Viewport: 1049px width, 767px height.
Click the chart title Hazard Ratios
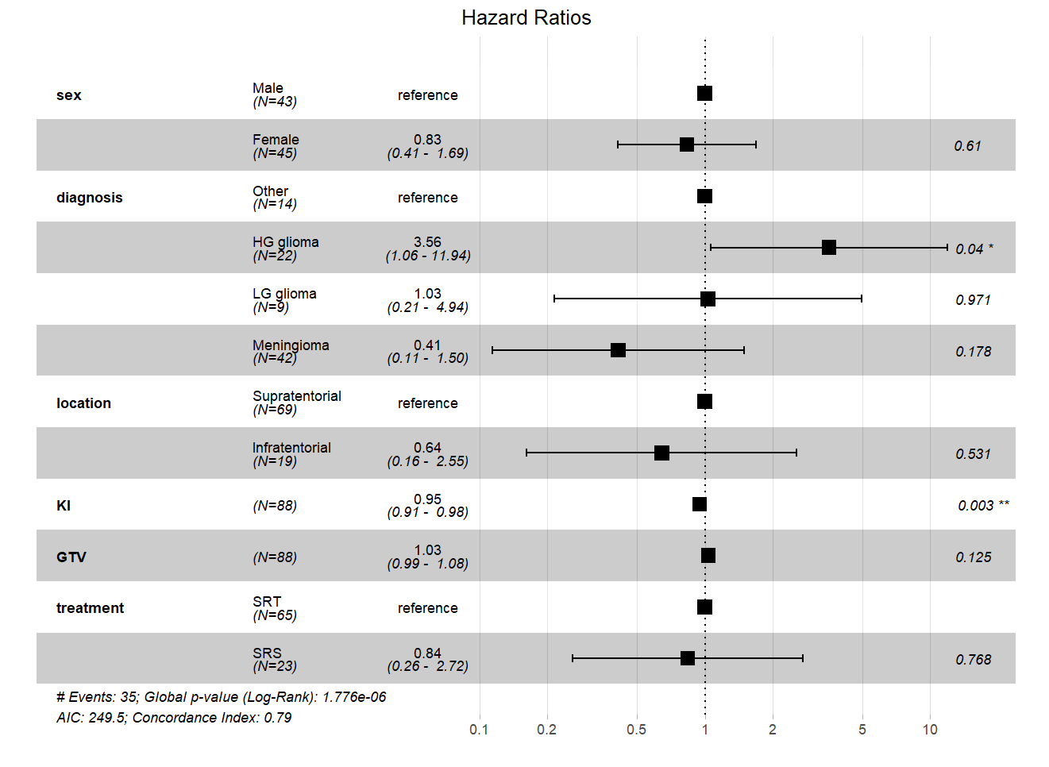pyautogui.click(x=526, y=17)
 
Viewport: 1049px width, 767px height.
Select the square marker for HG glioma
pyautogui.click(x=828, y=248)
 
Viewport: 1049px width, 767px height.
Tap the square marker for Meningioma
pyautogui.click(x=618, y=350)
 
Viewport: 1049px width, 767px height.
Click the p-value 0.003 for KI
pyautogui.click(x=975, y=506)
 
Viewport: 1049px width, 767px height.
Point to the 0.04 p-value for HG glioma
pyautogui.click(x=969, y=249)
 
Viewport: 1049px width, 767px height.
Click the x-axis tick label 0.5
pyautogui.click(x=636, y=730)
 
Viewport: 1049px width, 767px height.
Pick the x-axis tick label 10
pyautogui.click(x=929, y=730)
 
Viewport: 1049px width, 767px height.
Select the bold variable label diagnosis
pyautogui.click(x=89, y=198)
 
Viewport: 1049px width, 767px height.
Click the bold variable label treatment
pyautogui.click(x=90, y=608)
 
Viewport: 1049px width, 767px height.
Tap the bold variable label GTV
pyautogui.click(x=71, y=557)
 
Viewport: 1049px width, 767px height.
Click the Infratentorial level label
pyautogui.click(x=291, y=448)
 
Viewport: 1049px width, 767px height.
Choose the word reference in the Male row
pyautogui.click(x=427, y=95)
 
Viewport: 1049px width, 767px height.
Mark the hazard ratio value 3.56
pyautogui.click(x=427, y=242)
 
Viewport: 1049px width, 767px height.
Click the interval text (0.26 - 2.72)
pyautogui.click(x=427, y=666)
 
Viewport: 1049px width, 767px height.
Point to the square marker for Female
pyautogui.click(x=687, y=145)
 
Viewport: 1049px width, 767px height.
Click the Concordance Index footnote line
pyautogui.click(x=173, y=718)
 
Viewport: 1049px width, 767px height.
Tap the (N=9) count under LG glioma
pyautogui.click(x=271, y=307)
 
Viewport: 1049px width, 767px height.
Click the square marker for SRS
pyautogui.click(x=688, y=658)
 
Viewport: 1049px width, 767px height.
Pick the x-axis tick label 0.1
pyautogui.click(x=479, y=730)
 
